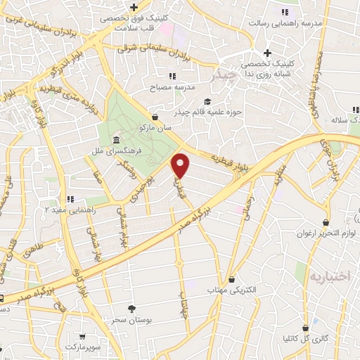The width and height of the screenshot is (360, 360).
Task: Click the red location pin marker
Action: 181,165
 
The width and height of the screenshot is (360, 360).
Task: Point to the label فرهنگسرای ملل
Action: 141,151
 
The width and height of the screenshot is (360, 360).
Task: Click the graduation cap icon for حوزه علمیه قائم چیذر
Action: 207,101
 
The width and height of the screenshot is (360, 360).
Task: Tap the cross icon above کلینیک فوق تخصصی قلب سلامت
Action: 134,7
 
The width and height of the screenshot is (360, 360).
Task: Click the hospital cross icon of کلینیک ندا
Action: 267,53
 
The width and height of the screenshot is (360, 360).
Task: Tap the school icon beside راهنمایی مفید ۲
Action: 70,199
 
